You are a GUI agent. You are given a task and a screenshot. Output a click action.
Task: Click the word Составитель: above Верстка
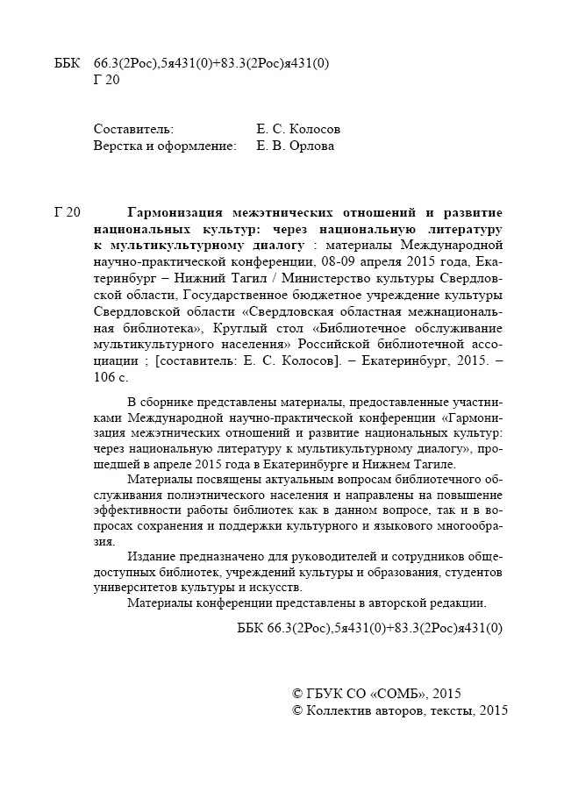click(x=133, y=128)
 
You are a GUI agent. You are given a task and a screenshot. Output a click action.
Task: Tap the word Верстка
click(x=118, y=146)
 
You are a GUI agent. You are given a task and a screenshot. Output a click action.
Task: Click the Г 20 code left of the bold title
click(x=68, y=213)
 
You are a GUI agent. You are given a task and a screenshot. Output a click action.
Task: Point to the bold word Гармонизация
click(x=180, y=213)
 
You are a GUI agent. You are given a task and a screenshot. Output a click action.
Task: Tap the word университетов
click(x=137, y=588)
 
